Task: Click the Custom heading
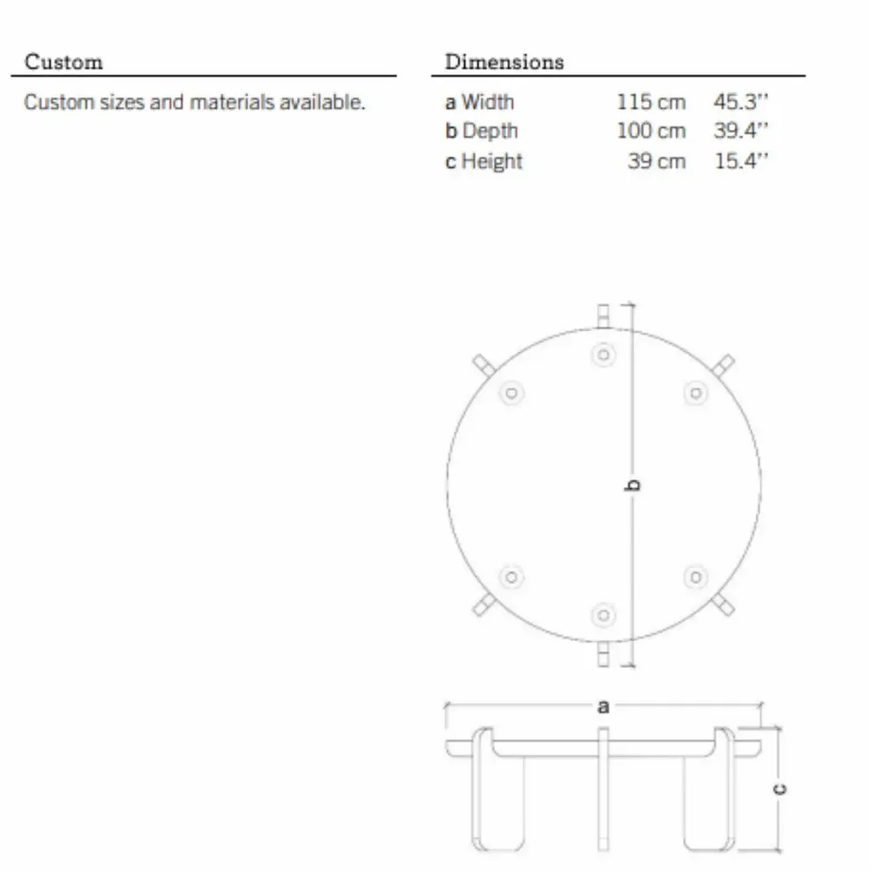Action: (x=64, y=62)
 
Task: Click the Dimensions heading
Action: (x=504, y=62)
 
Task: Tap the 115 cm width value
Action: (x=651, y=102)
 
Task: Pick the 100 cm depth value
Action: (x=651, y=132)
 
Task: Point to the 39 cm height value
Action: (x=657, y=161)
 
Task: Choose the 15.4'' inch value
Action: (x=741, y=161)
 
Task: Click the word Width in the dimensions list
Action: (x=488, y=102)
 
